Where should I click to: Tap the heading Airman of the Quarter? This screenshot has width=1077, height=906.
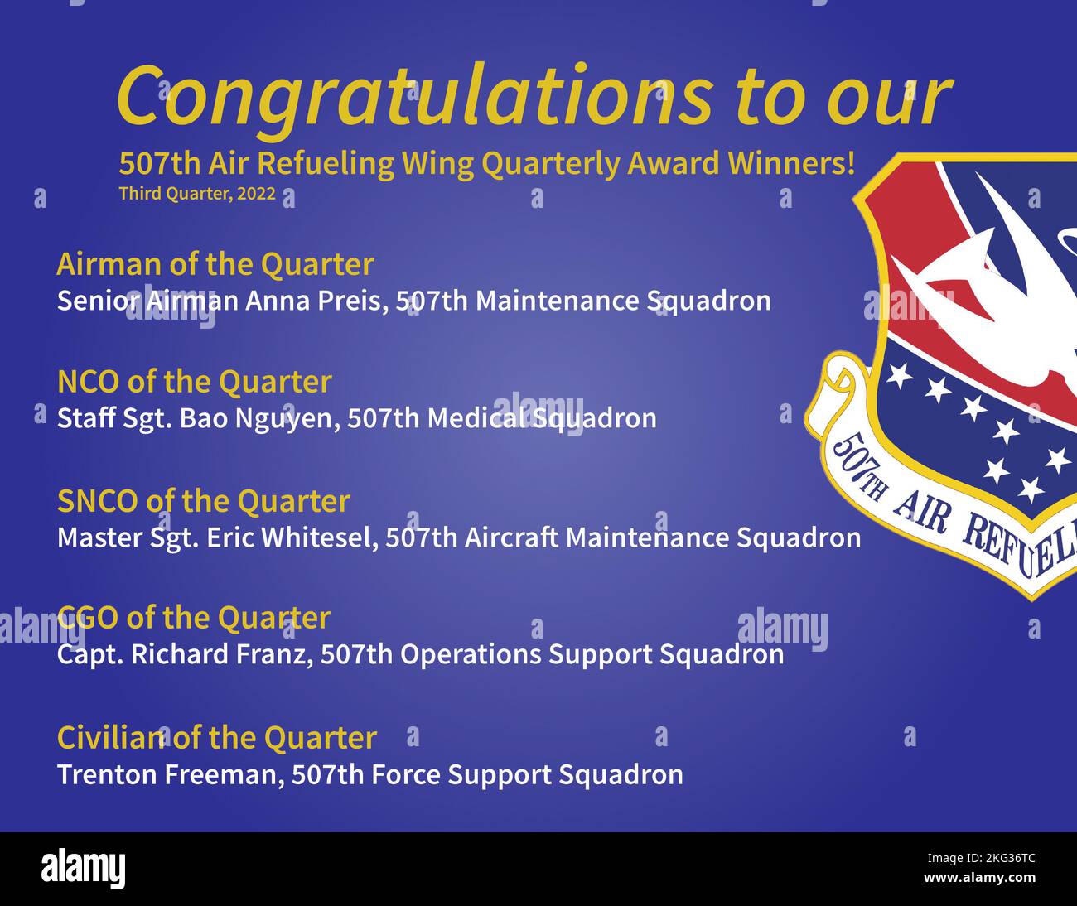tap(215, 264)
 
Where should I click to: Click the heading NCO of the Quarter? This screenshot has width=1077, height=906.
tap(194, 382)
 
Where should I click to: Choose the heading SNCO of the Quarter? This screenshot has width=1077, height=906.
tap(203, 501)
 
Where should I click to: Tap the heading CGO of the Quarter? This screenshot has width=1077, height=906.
tap(194, 618)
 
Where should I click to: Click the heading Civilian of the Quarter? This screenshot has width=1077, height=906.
tap(216, 737)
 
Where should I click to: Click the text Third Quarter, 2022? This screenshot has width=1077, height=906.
tap(197, 194)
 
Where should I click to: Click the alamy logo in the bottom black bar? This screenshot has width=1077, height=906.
tap(83, 869)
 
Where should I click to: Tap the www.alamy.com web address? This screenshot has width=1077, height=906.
tap(980, 878)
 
